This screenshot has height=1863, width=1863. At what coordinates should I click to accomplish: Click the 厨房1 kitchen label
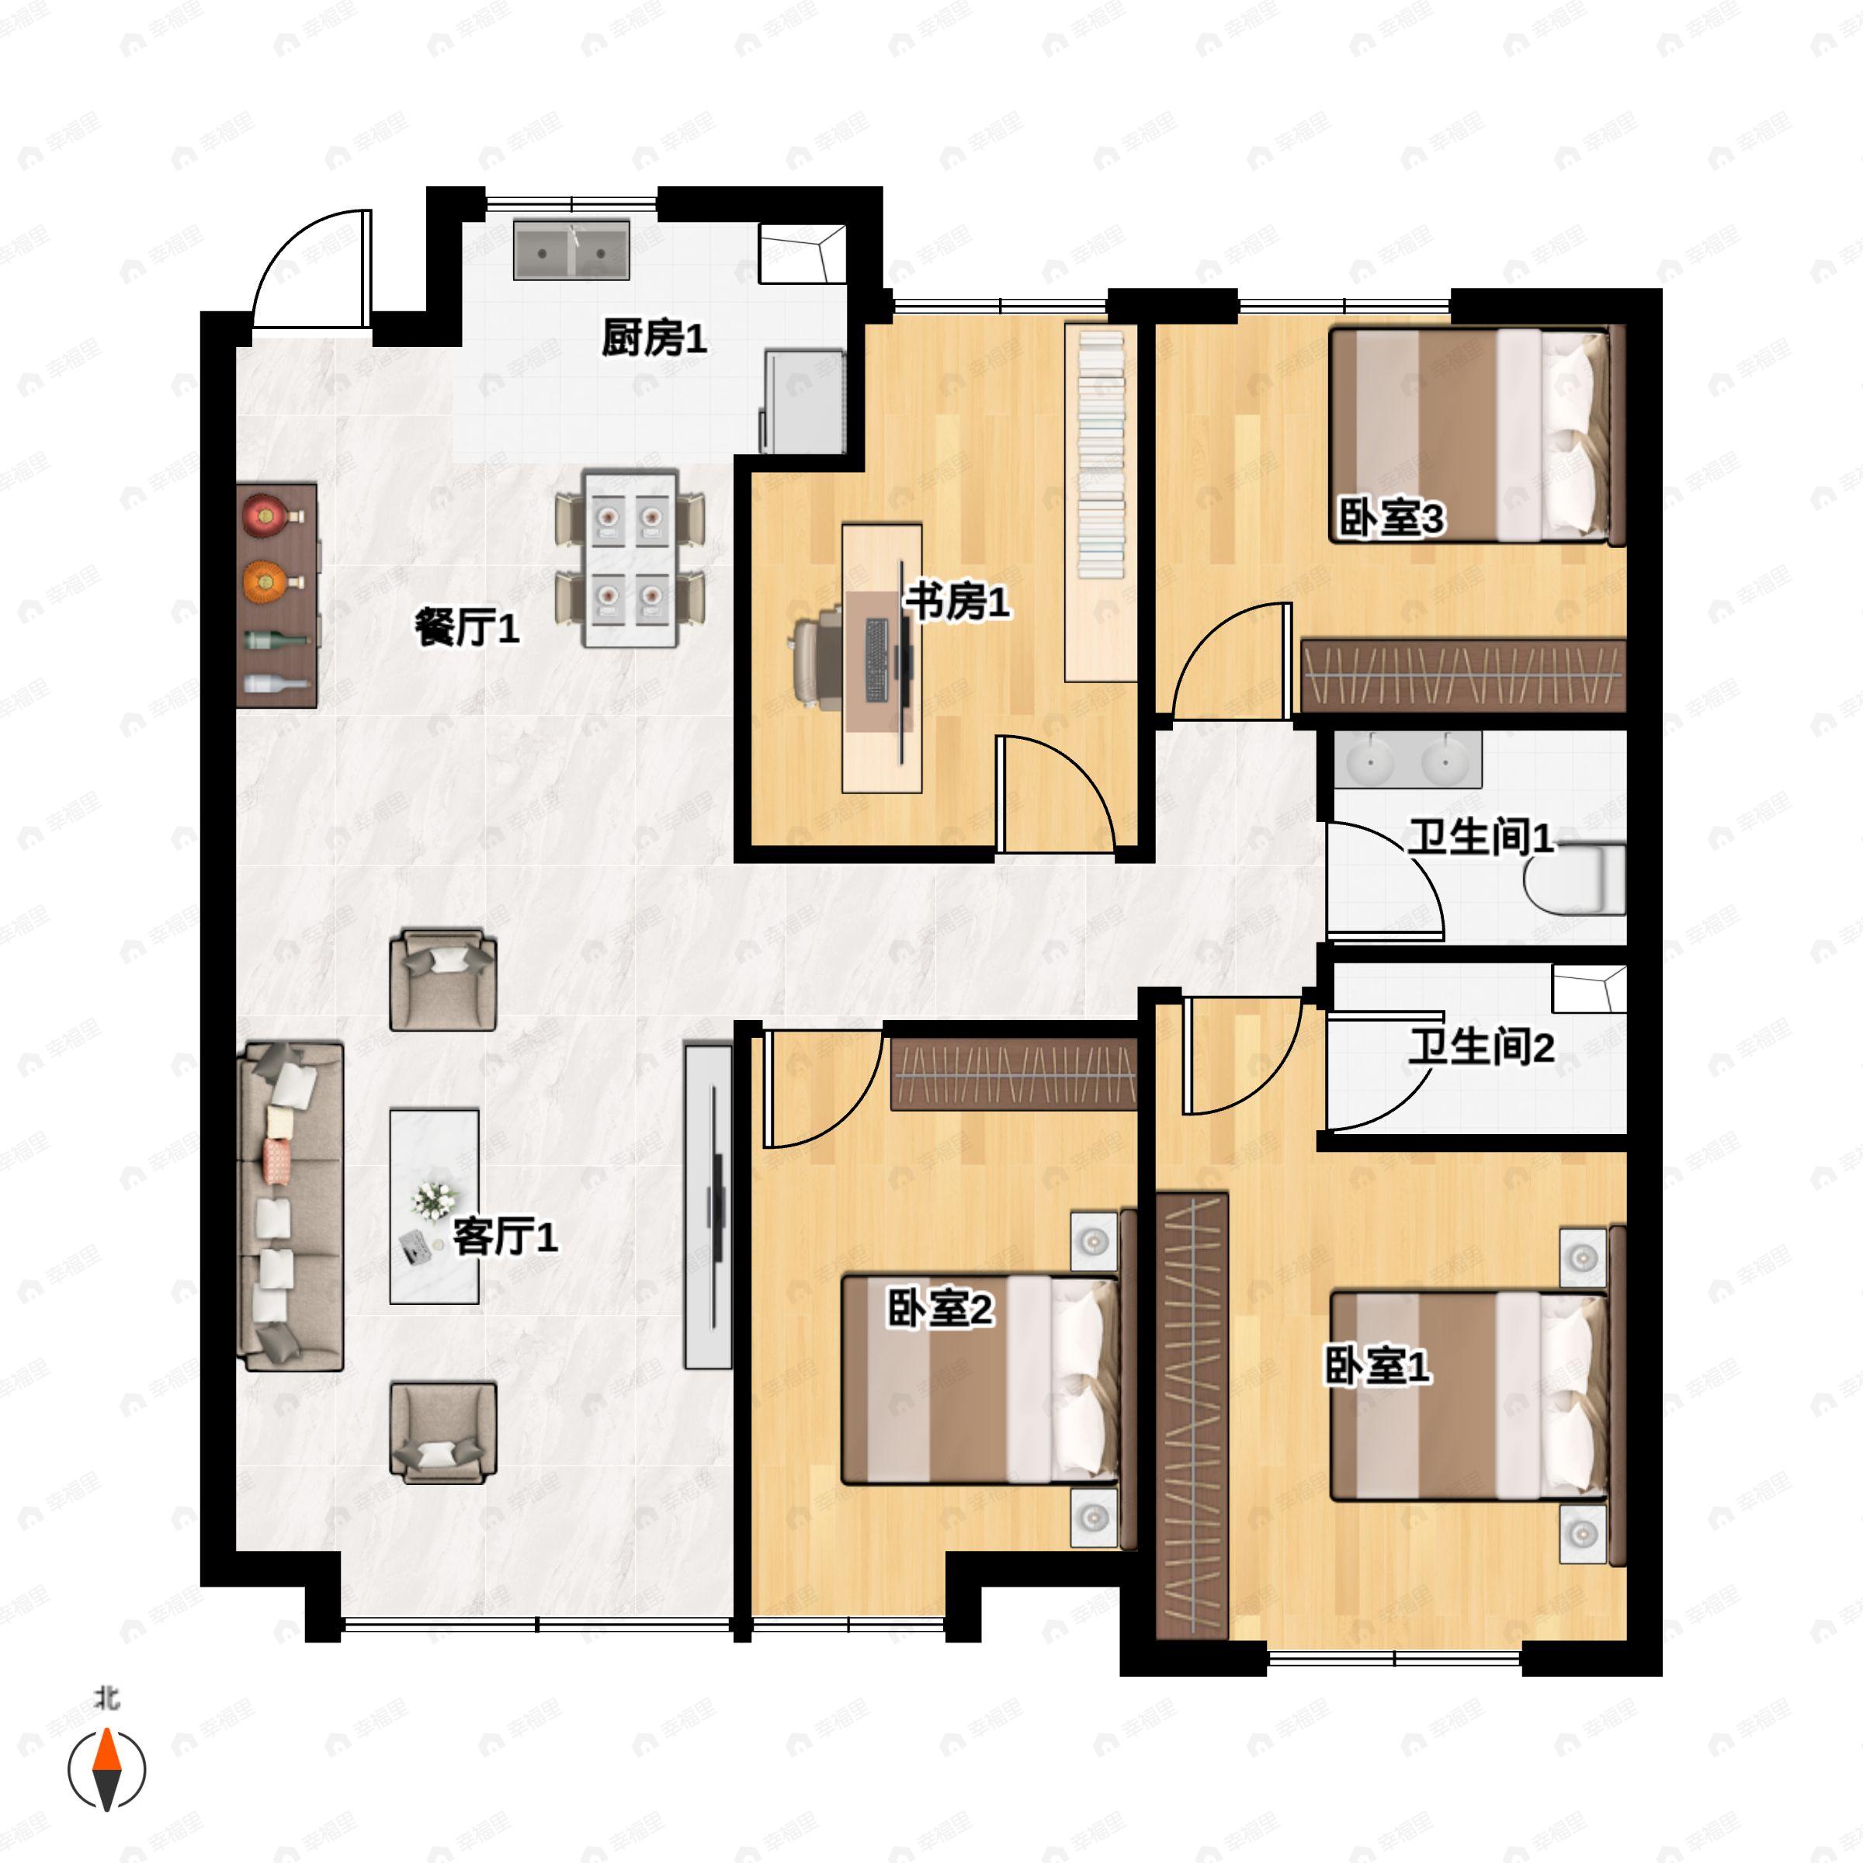click(x=654, y=338)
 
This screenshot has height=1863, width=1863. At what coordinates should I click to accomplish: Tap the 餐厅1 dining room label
click(x=467, y=628)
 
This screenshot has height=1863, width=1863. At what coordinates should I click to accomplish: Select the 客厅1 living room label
click(x=505, y=1237)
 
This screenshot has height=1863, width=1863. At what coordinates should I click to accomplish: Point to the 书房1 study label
click(x=956, y=602)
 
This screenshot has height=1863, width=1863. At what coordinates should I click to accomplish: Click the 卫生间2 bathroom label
click(x=1481, y=1046)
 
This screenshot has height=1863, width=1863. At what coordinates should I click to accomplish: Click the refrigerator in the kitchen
click(x=803, y=401)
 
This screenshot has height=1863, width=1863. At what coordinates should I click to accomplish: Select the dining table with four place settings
click(x=630, y=558)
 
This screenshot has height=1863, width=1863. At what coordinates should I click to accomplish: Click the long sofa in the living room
click(x=290, y=1206)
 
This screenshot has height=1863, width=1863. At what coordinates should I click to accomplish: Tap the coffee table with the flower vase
click(x=434, y=1206)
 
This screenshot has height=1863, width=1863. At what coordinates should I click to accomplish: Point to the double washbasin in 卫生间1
click(x=1408, y=759)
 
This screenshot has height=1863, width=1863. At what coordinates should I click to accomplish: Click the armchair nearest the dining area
click(x=442, y=980)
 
